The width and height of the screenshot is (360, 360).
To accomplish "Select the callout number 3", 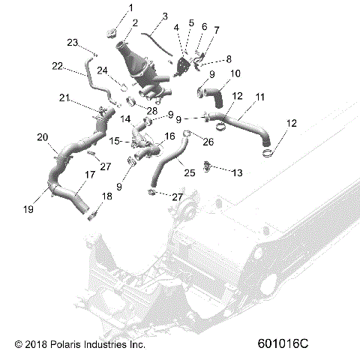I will pos(164,15).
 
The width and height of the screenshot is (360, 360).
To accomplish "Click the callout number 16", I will pos(170,136).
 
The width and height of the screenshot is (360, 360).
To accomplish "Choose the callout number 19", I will pos(28,211).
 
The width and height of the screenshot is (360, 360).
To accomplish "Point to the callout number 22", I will pos(57,67).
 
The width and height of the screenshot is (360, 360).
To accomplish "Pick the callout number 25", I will pos(188,172).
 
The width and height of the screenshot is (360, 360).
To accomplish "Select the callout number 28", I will pos(151,111).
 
